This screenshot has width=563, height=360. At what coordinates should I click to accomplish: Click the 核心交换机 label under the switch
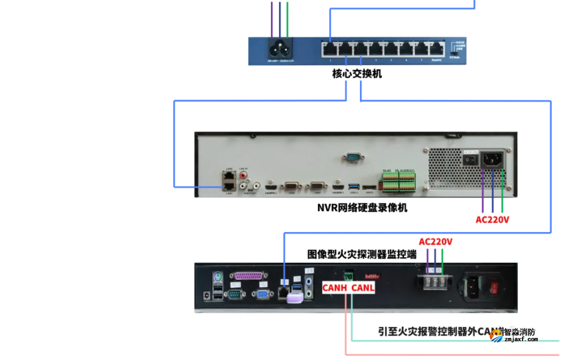pos(357,74)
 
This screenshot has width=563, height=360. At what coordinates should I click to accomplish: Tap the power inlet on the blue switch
pos(279,48)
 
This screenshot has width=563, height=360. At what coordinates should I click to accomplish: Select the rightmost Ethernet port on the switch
pos(436,49)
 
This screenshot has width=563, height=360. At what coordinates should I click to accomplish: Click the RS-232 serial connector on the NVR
pos(353,157)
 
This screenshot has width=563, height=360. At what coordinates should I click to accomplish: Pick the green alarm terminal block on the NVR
pos(399,181)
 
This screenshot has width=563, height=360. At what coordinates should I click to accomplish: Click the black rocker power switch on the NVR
pos(469,158)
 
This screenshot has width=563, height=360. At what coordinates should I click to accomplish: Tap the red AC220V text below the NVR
pos(492,220)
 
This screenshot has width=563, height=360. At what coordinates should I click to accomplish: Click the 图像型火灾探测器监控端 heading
pos(362,254)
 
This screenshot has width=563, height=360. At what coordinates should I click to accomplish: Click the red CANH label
pos(335,288)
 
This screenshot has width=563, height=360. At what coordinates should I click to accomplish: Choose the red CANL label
pos(362,288)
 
